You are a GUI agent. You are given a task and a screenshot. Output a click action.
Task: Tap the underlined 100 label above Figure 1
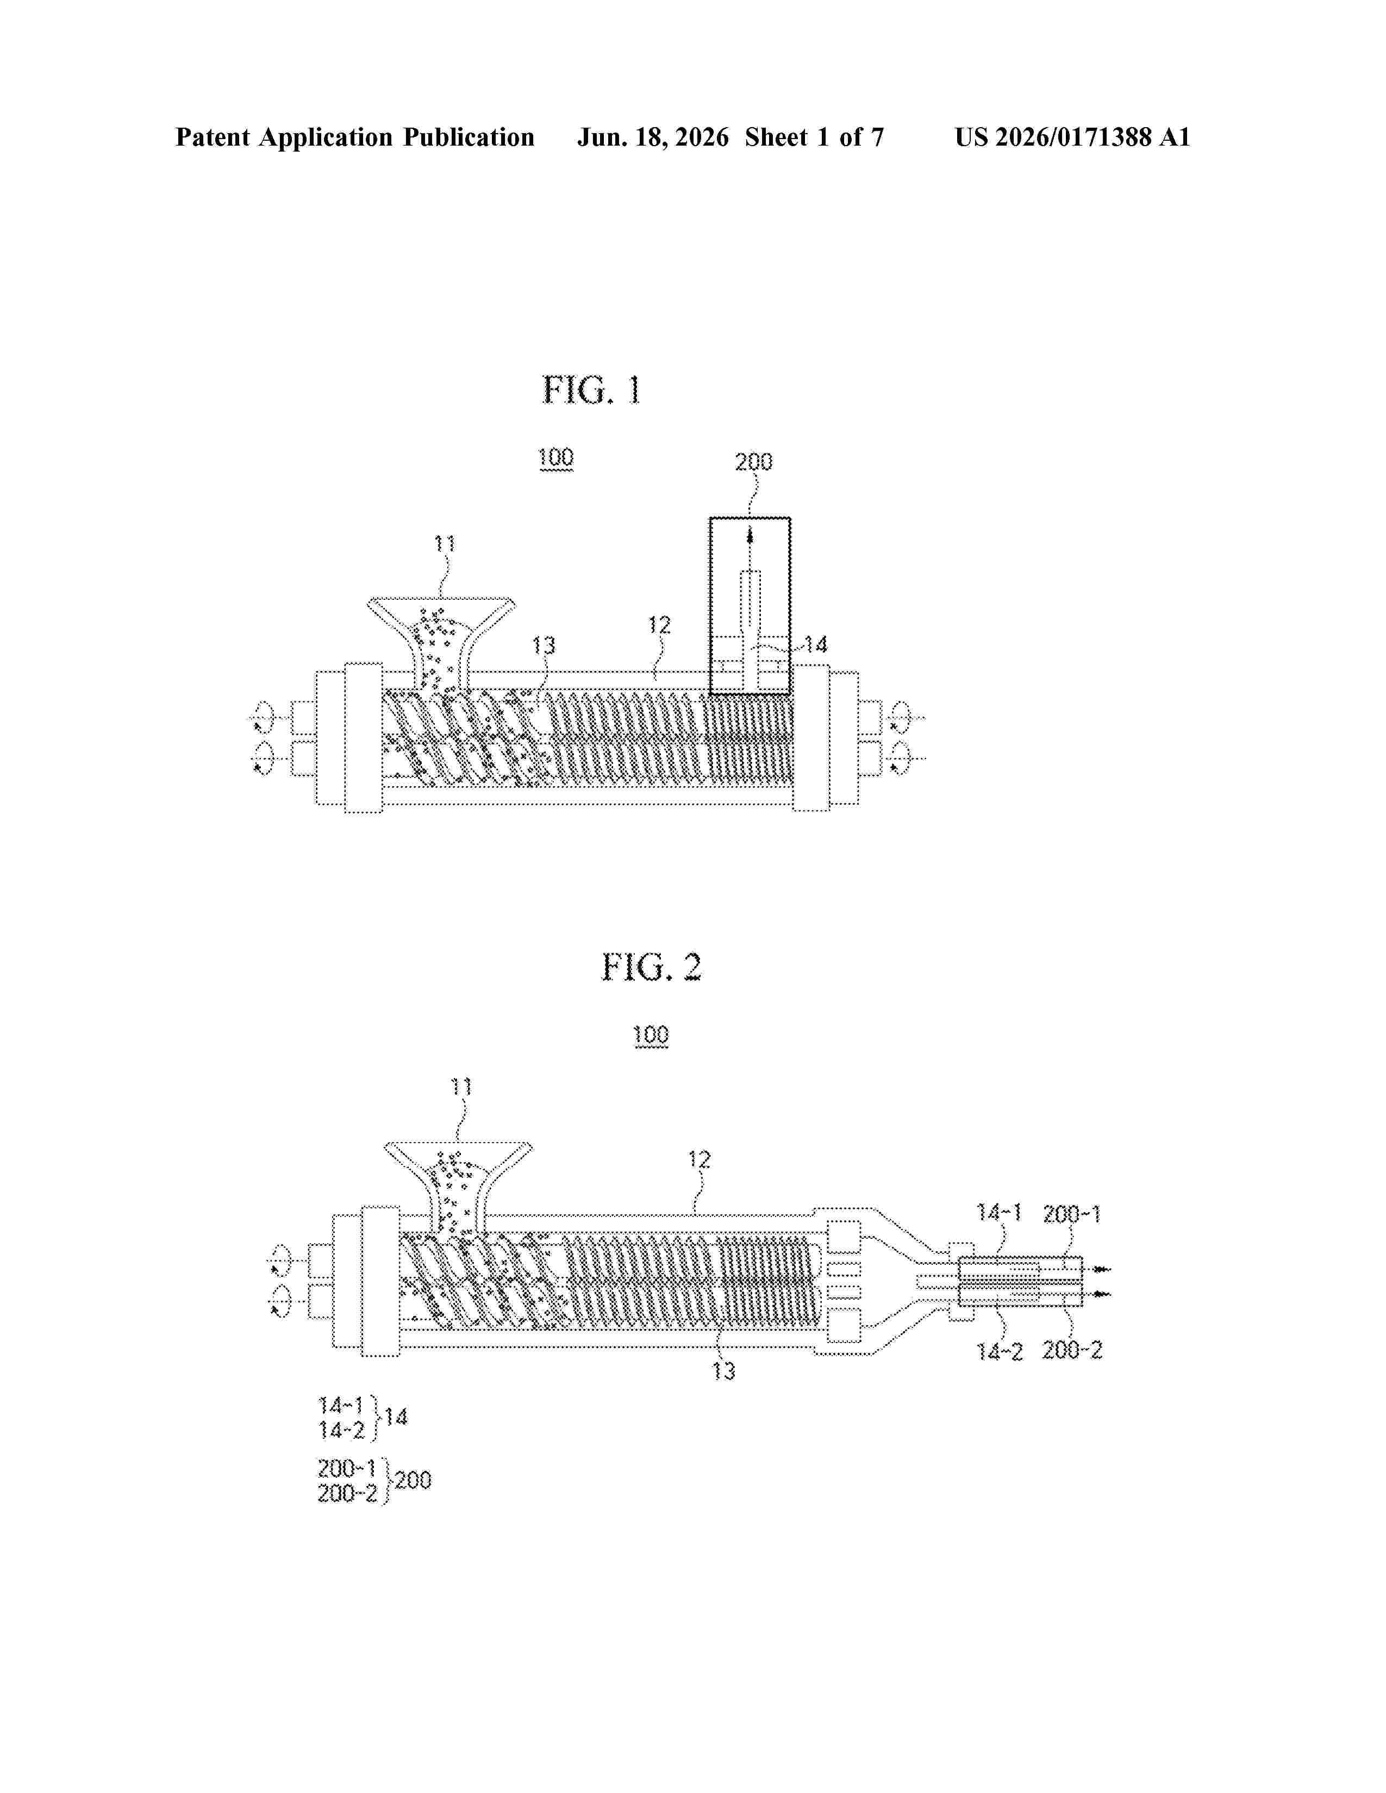click(x=556, y=457)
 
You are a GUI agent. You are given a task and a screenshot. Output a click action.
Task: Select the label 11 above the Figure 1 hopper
click(x=444, y=543)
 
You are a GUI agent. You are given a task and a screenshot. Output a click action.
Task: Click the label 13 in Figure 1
click(x=544, y=645)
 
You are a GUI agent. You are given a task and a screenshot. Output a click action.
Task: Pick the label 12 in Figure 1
click(x=659, y=625)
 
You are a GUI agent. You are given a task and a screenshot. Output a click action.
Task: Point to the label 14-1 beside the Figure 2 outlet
click(x=998, y=1212)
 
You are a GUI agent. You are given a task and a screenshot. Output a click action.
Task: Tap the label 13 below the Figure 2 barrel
click(x=723, y=1371)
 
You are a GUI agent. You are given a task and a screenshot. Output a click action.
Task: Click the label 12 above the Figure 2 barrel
click(x=699, y=1159)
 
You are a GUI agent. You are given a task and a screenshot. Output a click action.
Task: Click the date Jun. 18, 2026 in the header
click(x=653, y=137)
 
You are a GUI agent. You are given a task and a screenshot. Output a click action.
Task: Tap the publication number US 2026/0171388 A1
click(x=1072, y=137)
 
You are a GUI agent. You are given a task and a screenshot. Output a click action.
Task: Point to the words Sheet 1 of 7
click(x=815, y=137)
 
